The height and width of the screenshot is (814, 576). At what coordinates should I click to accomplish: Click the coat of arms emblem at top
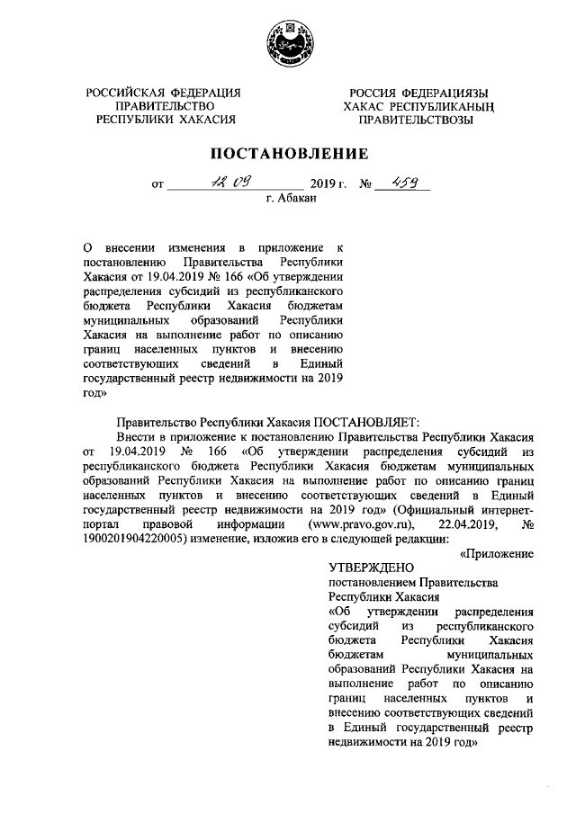[x=287, y=43]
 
